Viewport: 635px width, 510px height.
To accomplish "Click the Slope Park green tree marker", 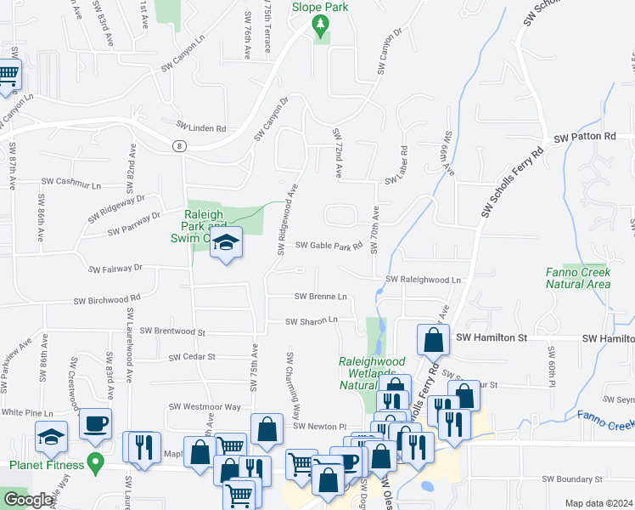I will pyautogui.click(x=321, y=28).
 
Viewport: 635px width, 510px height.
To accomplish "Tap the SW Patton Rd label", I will pyautogui.click(x=584, y=137).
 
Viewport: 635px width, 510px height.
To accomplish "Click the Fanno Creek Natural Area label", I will pyautogui.click(x=578, y=278).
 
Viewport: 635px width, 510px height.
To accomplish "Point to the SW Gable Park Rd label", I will pyautogui.click(x=329, y=246).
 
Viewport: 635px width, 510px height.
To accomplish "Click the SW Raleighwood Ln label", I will pyautogui.click(x=423, y=280).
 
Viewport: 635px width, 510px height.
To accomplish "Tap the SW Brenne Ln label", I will pyautogui.click(x=321, y=297).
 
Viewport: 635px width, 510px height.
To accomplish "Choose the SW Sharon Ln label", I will pyautogui.click(x=312, y=321).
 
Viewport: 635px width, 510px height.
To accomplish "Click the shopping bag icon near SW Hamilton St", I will pyautogui.click(x=433, y=340).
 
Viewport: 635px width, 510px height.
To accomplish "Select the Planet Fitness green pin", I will pyautogui.click(x=95, y=464).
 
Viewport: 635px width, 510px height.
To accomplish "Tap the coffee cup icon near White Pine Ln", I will pyautogui.click(x=95, y=422).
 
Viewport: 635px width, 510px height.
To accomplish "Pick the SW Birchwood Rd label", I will pyautogui.click(x=106, y=300).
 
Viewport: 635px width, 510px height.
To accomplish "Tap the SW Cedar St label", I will pyautogui.click(x=192, y=358).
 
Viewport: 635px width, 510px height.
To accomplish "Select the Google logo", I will pyautogui.click(x=28, y=500).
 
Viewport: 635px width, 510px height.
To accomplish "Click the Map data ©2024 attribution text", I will pyautogui.click(x=598, y=503).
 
